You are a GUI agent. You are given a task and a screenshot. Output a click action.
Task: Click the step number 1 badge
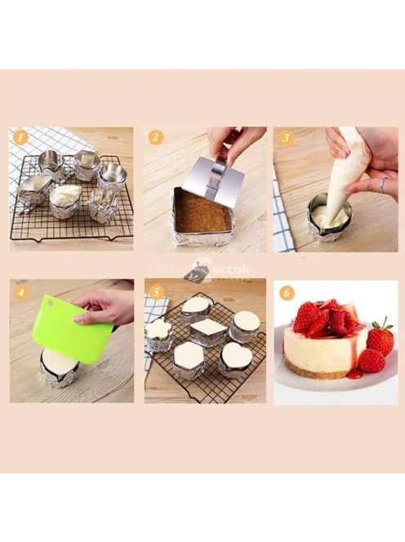(x=20, y=137)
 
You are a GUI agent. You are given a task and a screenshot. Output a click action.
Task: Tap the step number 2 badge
(x=155, y=137)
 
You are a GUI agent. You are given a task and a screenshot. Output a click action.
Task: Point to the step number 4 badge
(x=20, y=291)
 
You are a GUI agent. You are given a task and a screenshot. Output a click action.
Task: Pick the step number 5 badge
(x=156, y=291)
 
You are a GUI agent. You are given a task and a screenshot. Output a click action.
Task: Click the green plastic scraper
(x=69, y=331)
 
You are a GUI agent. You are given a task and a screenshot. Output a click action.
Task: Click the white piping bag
(x=347, y=175)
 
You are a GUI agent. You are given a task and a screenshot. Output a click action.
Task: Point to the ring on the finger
(x=381, y=184)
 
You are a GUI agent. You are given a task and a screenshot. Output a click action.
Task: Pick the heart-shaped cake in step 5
(x=237, y=355)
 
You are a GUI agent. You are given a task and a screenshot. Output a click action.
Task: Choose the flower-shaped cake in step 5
(x=160, y=330)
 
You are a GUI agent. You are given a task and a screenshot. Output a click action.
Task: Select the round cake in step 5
(x=246, y=321)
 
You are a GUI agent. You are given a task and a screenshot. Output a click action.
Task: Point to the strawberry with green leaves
(x=379, y=336)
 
